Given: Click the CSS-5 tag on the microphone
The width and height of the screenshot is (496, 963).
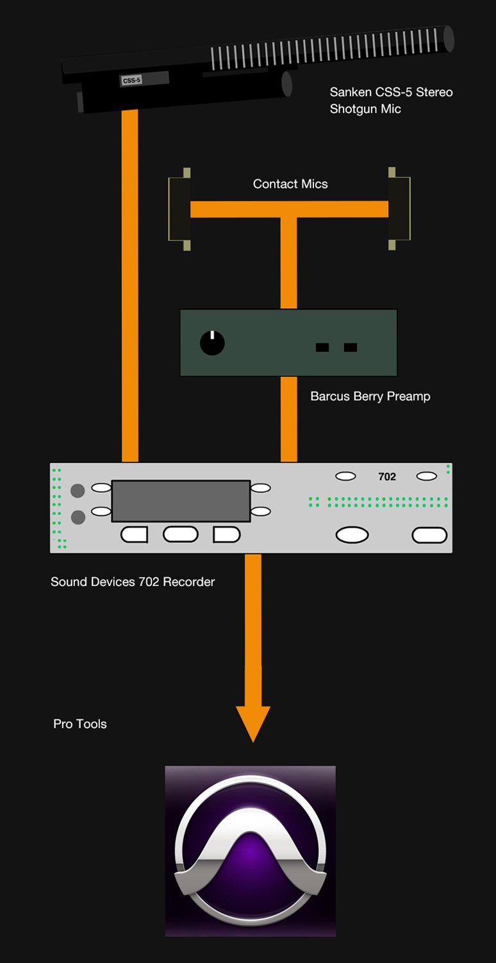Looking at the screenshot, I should [131, 81].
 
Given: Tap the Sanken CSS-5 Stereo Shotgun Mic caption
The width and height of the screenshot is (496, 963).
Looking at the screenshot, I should [391, 101].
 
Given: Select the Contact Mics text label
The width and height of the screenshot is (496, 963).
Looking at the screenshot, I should [290, 184].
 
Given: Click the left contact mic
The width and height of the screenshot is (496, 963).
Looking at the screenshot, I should [179, 209].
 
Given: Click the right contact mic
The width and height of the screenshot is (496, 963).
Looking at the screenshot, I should [399, 209].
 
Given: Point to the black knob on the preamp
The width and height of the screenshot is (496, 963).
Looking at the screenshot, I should [212, 343].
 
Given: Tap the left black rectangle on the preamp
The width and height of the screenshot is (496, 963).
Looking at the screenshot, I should [322, 348].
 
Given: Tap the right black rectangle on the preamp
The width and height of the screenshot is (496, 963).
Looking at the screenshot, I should [351, 348].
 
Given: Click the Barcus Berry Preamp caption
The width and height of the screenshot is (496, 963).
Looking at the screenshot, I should [370, 396].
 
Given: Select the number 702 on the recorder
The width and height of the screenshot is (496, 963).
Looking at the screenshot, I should [387, 476].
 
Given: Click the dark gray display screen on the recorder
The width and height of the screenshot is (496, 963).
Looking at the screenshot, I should [181, 501].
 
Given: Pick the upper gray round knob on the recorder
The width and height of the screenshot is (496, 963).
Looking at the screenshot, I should [78, 491].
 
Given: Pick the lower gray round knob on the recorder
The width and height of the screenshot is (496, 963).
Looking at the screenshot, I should [78, 517].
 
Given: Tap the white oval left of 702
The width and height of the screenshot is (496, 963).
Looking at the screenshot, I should [346, 476].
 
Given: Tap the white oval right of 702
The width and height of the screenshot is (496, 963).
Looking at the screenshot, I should [427, 476].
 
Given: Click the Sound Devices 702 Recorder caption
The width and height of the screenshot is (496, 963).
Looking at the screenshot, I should [133, 582].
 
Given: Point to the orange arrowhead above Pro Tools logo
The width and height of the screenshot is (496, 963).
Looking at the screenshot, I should [253, 721].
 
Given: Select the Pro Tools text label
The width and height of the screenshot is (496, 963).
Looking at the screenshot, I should [80, 724].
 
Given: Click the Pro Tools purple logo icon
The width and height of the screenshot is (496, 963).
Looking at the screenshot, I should [251, 851].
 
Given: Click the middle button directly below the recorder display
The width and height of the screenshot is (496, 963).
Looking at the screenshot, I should [181, 534].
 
